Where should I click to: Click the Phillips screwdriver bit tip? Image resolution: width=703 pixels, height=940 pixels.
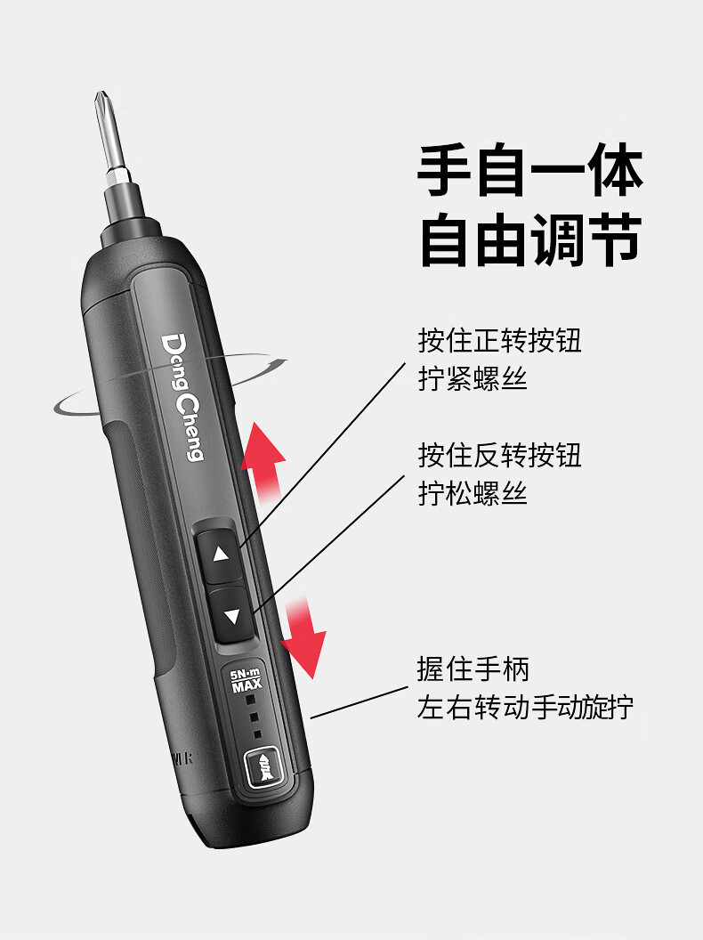[x=101, y=97]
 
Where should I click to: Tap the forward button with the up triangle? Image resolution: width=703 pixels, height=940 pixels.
[x=219, y=554]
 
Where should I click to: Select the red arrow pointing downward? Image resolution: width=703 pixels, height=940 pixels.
[x=303, y=638]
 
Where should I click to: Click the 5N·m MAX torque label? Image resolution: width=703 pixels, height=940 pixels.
[x=246, y=680]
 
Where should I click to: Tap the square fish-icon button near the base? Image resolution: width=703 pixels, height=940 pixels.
[x=263, y=766]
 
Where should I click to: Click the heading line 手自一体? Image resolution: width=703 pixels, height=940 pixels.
[x=529, y=170]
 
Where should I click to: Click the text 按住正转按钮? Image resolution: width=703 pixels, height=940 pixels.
[x=499, y=341]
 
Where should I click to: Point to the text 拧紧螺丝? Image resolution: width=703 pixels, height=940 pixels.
[x=473, y=379]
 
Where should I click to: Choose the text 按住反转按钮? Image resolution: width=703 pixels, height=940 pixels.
[x=499, y=455]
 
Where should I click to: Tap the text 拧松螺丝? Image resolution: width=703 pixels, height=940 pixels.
[x=473, y=493]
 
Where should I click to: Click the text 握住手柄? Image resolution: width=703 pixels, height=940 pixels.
[x=473, y=669]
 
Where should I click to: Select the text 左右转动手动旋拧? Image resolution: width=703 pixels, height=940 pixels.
[x=525, y=707]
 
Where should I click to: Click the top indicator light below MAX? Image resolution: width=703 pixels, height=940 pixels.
[x=251, y=700]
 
